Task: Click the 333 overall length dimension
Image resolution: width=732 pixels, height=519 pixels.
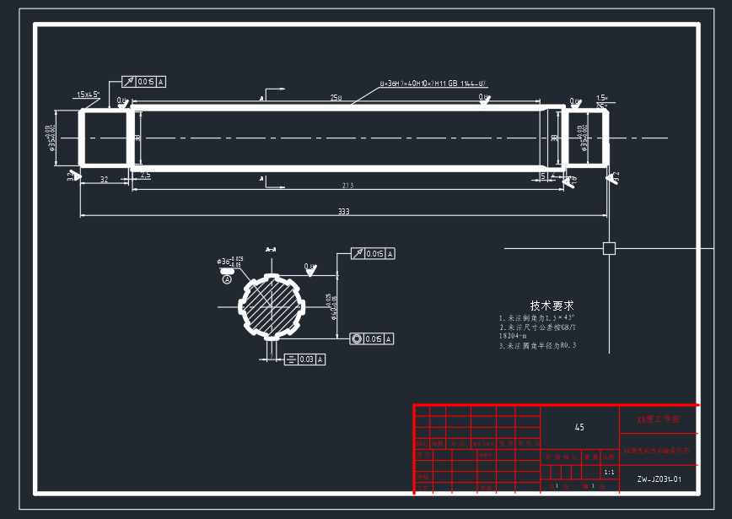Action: point(343,211)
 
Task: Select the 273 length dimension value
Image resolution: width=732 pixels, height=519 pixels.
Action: point(347,185)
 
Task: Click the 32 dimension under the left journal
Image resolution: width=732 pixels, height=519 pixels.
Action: point(104,179)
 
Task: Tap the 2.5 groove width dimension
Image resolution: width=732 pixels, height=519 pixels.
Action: point(145,176)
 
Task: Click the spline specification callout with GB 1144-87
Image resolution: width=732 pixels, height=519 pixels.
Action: point(433,84)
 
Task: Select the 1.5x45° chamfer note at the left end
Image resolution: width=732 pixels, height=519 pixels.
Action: point(88,94)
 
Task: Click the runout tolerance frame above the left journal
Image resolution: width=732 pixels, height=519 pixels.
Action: point(144,82)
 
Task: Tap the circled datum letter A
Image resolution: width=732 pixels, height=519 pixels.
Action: point(227,280)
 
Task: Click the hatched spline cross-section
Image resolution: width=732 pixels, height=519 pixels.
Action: point(272,306)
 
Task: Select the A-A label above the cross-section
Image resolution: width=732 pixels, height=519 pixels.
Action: point(271,250)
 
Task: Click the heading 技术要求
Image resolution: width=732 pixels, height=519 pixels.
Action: point(552,305)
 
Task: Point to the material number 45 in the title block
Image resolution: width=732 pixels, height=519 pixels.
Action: point(579,428)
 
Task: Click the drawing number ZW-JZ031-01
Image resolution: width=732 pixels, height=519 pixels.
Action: point(659,479)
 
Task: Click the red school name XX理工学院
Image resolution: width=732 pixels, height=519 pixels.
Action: point(658,419)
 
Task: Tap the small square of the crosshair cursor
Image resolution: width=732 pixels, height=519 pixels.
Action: point(609,248)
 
